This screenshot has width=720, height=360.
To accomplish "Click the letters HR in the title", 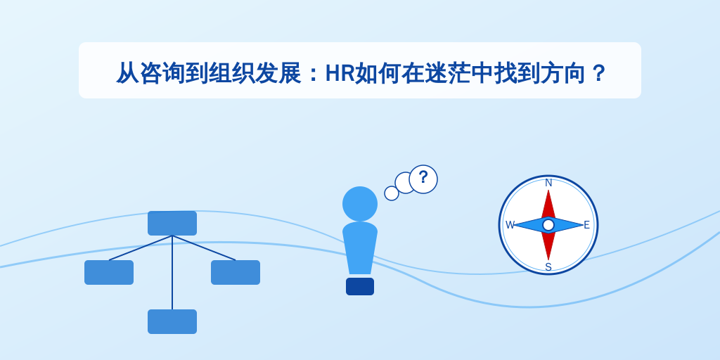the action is click(x=340, y=73).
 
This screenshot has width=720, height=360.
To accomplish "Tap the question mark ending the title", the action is click(x=598, y=73).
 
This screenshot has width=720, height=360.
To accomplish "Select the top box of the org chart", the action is click(x=172, y=223).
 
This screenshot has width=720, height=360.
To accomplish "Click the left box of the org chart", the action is click(x=109, y=272).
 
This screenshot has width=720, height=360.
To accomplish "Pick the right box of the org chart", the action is click(x=236, y=272).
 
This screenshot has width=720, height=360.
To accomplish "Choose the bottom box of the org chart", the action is click(x=172, y=321).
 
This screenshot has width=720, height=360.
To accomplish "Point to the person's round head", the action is click(x=360, y=204).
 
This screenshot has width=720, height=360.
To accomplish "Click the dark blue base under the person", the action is click(x=360, y=287).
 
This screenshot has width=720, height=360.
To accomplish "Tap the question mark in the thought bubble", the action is click(x=423, y=177).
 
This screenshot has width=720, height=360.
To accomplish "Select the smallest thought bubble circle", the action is click(x=392, y=193).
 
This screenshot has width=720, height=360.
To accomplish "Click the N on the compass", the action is click(x=548, y=184).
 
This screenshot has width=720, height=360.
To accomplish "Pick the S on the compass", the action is click(x=548, y=266).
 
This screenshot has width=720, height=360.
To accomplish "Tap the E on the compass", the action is click(x=586, y=225).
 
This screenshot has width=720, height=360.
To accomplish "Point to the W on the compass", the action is click(x=510, y=225).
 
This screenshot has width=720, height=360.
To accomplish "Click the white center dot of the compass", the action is click(x=548, y=225).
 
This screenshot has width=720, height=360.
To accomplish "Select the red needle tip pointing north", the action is click(x=548, y=190).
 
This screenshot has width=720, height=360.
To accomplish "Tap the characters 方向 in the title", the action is click(x=563, y=73).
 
